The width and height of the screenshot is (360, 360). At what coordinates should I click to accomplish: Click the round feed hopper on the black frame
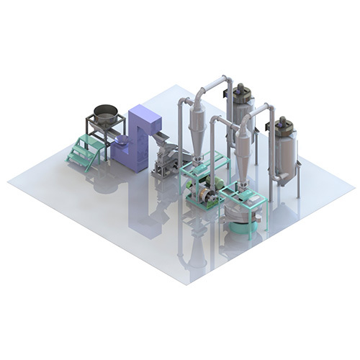(106, 113)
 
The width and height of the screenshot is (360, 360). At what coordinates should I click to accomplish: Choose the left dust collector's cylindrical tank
(239, 119)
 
